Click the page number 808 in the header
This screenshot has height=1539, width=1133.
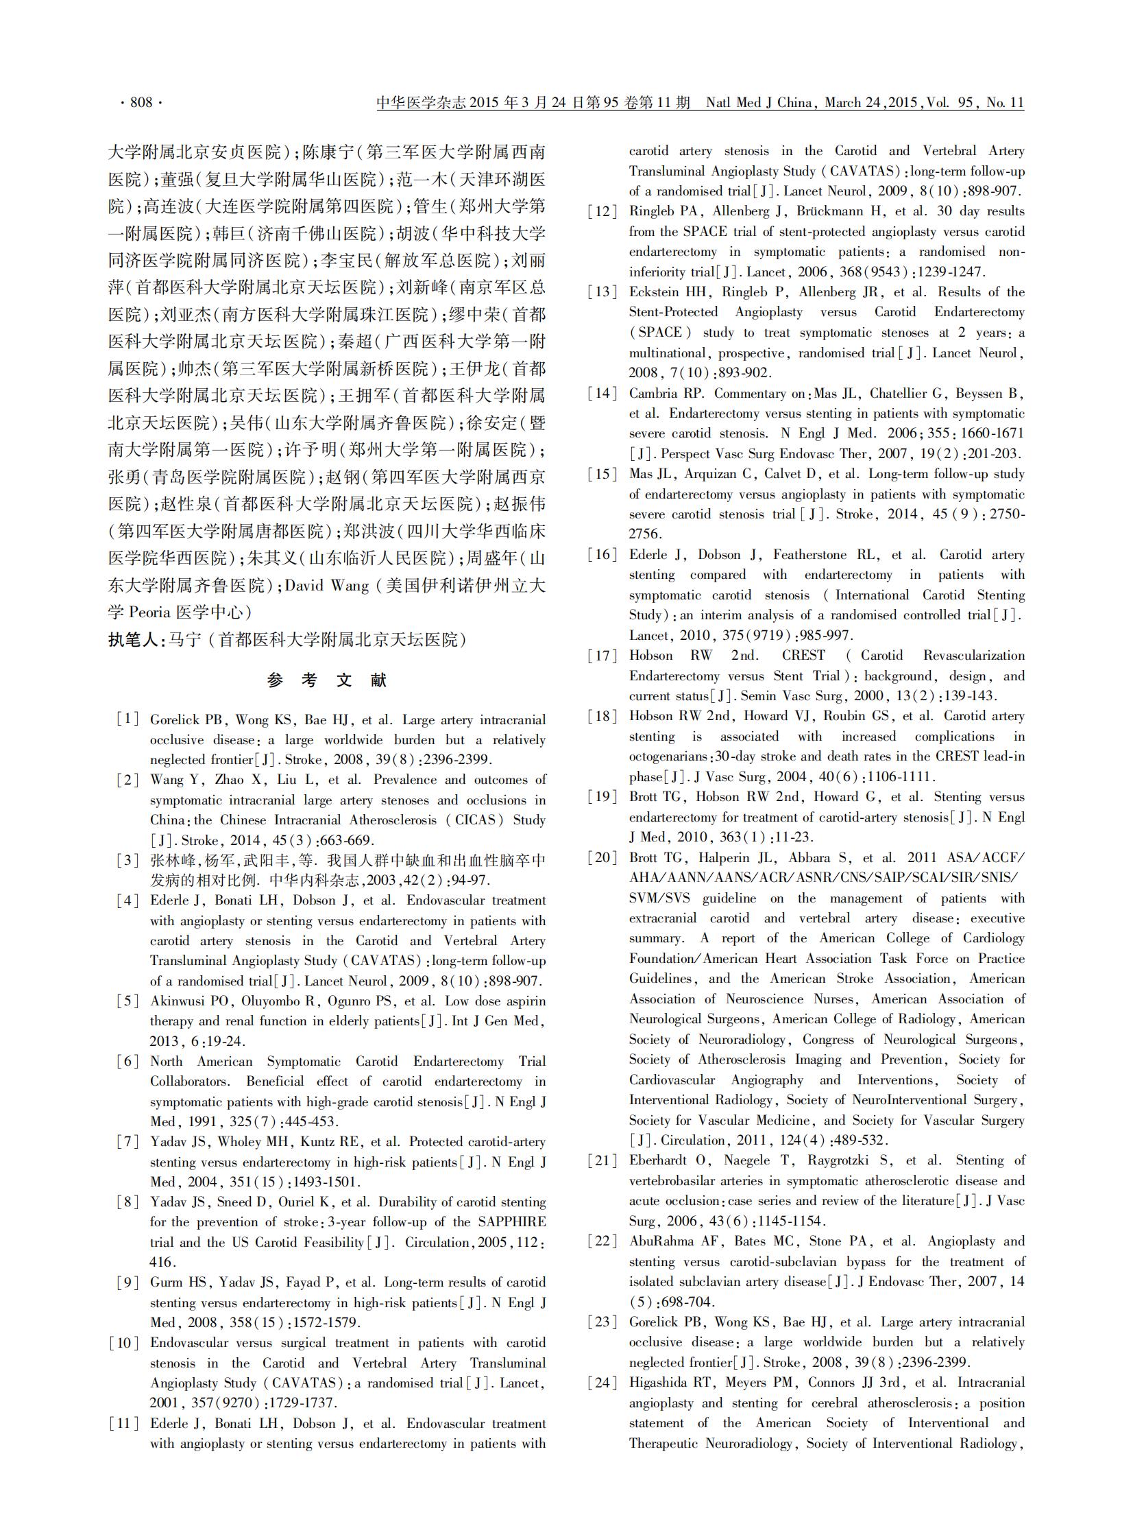(x=141, y=102)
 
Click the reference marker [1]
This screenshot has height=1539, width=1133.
(x=128, y=719)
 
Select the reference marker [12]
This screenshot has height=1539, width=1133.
(x=602, y=211)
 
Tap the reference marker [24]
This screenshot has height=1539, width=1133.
(x=602, y=1383)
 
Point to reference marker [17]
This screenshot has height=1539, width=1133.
(x=602, y=655)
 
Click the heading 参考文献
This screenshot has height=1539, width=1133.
(x=327, y=680)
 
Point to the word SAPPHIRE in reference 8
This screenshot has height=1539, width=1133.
(x=511, y=1222)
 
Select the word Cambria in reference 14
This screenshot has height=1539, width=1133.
(x=656, y=393)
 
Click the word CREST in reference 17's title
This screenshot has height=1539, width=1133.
(x=803, y=655)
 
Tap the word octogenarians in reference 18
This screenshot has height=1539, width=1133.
(x=668, y=756)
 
